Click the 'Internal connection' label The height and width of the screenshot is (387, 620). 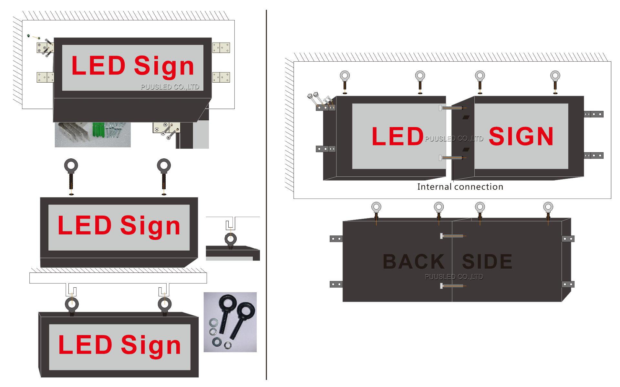coord(460,187)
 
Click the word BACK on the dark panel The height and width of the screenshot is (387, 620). coord(414,262)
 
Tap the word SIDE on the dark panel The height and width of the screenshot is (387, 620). coord(487,262)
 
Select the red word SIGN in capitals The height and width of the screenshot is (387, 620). coord(521,136)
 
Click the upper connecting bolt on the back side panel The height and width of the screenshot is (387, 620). coord(452,236)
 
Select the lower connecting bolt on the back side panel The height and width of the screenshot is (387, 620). coord(452,286)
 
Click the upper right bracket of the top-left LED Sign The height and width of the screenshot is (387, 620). coord(221,48)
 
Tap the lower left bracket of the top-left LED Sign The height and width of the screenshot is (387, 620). coord(45,77)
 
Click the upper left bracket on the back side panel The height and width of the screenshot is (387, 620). coord(336,239)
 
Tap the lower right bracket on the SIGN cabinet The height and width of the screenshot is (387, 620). coord(594,155)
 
